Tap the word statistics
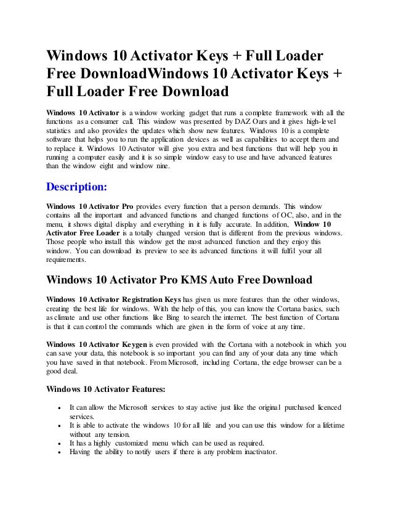60,131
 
